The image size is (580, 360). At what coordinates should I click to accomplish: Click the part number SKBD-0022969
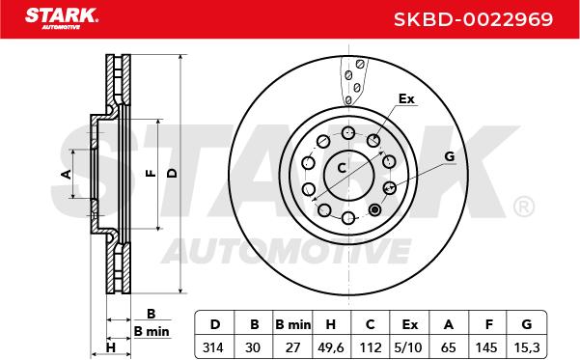[x=473, y=19]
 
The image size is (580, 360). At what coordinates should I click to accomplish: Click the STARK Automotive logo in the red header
[x=62, y=18]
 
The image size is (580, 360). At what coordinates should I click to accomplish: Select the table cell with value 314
[x=213, y=347]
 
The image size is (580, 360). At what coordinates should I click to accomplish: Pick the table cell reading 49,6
[x=331, y=347]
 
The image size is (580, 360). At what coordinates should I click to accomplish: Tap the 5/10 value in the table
[x=408, y=347]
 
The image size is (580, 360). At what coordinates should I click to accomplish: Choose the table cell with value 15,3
[x=527, y=347]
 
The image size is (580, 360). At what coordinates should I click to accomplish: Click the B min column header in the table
[x=293, y=324]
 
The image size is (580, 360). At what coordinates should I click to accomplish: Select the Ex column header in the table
[x=410, y=324]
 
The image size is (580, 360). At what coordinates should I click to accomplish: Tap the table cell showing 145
[x=486, y=347]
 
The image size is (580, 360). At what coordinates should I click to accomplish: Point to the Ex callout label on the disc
[x=406, y=98]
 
